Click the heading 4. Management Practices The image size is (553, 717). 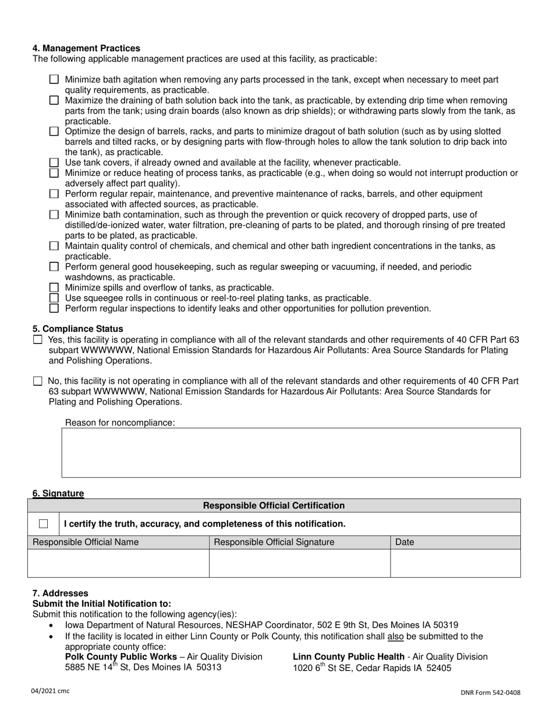click(86, 48)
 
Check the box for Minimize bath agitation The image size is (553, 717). click(54, 79)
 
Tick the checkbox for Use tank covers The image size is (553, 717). click(54, 163)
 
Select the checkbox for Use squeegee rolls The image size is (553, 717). click(54, 298)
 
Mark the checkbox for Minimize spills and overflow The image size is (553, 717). click(54, 287)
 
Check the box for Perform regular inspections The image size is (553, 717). click(54, 308)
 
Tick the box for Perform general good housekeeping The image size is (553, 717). click(54, 267)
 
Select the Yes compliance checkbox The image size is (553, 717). click(38, 339)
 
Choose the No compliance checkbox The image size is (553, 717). click(38, 381)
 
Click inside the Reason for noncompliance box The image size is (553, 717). click(291, 453)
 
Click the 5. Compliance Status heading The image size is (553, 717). click(77, 329)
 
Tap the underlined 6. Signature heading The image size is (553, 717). click(58, 494)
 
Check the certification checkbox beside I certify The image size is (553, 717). click(44, 524)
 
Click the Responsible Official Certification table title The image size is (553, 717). click(274, 506)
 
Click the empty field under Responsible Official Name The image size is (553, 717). click(118, 563)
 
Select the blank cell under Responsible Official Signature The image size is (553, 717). click(299, 563)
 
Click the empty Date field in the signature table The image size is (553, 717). click(455, 563)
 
